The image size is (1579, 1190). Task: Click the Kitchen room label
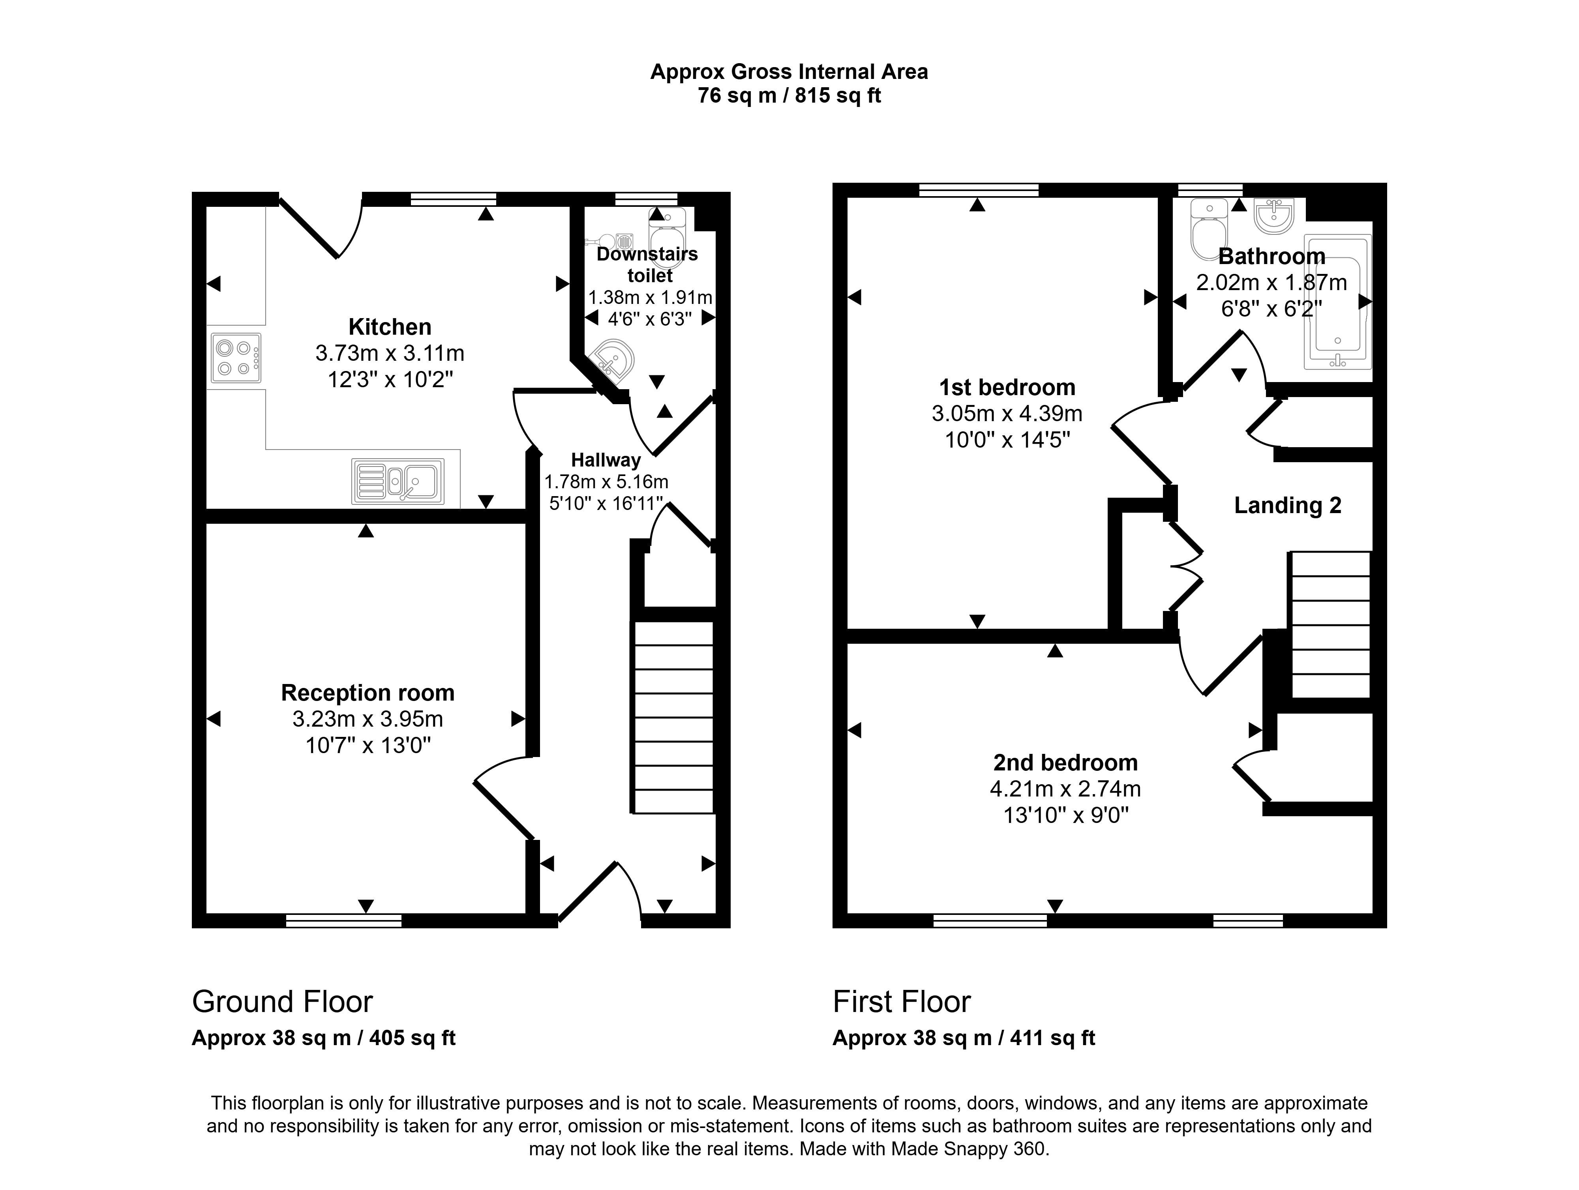[390, 327]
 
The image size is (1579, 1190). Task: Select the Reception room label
[368, 692]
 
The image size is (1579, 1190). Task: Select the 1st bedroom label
[1007, 387]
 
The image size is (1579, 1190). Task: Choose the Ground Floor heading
[283, 1002]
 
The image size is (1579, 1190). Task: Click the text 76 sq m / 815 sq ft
[789, 96]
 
